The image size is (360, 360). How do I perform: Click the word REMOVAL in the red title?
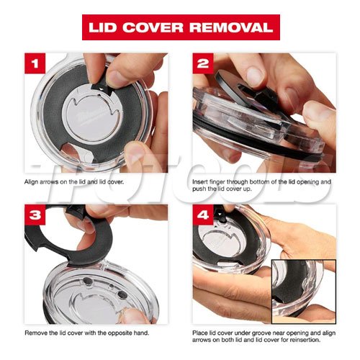click(231, 27)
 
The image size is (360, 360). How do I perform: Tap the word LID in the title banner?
click(103, 27)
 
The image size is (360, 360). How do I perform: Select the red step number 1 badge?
click(35, 63)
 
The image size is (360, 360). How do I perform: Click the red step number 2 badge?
click(203, 63)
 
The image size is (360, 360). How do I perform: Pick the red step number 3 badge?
click(35, 215)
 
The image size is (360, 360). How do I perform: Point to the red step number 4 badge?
click(203, 215)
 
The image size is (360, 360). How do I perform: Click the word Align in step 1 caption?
click(31, 182)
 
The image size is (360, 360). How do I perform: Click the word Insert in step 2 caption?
click(200, 181)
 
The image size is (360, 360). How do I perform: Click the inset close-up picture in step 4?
click(304, 292)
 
